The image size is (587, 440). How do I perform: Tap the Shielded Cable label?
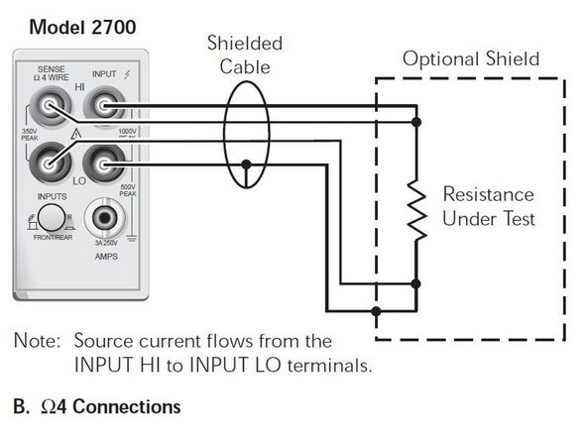tap(245, 55)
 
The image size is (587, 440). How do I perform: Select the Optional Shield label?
tap(471, 59)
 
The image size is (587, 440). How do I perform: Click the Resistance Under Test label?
tap(488, 206)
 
